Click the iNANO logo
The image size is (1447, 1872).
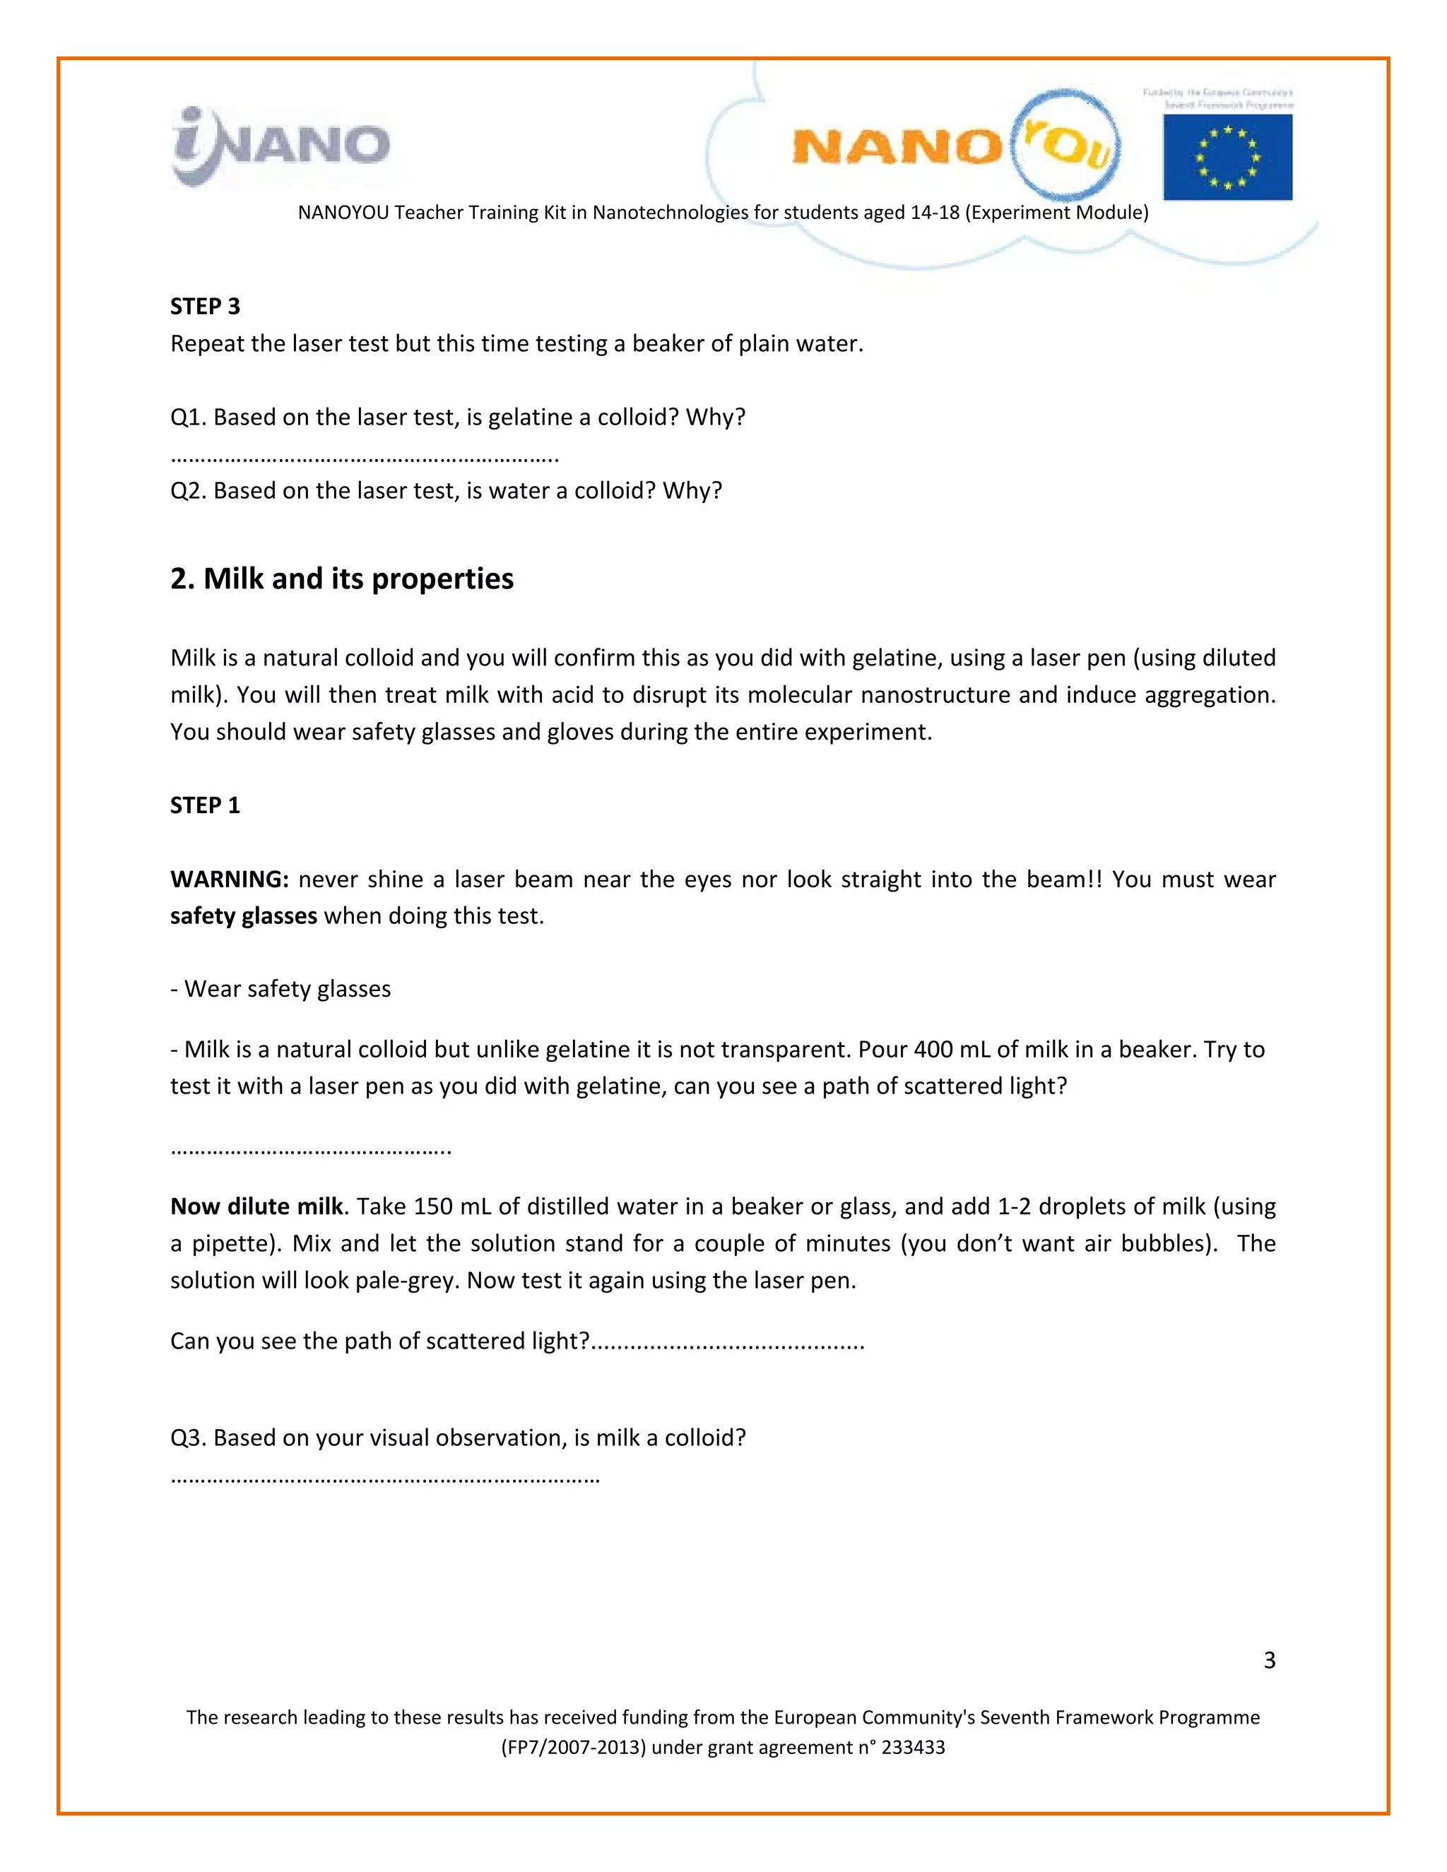(281, 146)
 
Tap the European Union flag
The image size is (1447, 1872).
(1227, 158)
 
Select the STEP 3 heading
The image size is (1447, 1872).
(205, 306)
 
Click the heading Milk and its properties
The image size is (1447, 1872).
(341, 579)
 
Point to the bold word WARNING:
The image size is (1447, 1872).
(229, 879)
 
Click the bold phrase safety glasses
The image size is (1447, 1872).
(244, 916)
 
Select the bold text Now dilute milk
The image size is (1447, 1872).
(256, 1206)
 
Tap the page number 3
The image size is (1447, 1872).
(1269, 1660)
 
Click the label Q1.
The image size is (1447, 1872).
(188, 417)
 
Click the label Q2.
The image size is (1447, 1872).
(188, 491)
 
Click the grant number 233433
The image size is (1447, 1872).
(913, 1748)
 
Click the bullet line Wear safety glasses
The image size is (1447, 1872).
(280, 988)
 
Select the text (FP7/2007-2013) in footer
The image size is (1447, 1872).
(574, 1748)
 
